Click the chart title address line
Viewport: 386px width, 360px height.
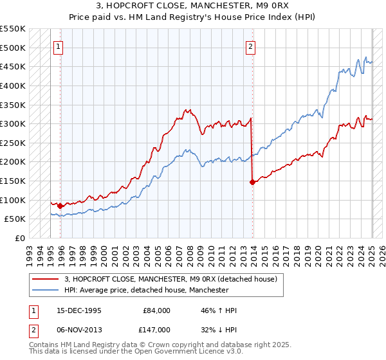tap(193, 6)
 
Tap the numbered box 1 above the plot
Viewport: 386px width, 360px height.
tap(58, 46)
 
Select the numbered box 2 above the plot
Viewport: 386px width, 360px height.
tap(250, 46)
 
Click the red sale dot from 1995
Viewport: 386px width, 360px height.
tap(60, 206)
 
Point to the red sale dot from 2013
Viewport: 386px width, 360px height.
tap(252, 182)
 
